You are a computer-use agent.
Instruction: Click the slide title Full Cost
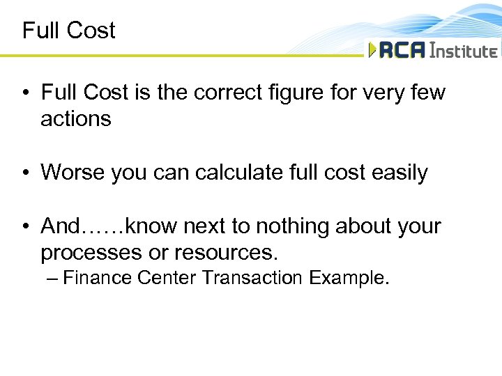[68, 31]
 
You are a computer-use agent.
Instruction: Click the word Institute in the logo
[464, 51]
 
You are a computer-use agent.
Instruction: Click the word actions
[76, 119]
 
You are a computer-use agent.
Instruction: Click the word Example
[349, 279]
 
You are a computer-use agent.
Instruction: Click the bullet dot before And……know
[26, 227]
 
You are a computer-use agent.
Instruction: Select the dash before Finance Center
[51, 279]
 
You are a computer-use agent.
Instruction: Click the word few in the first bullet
[426, 93]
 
